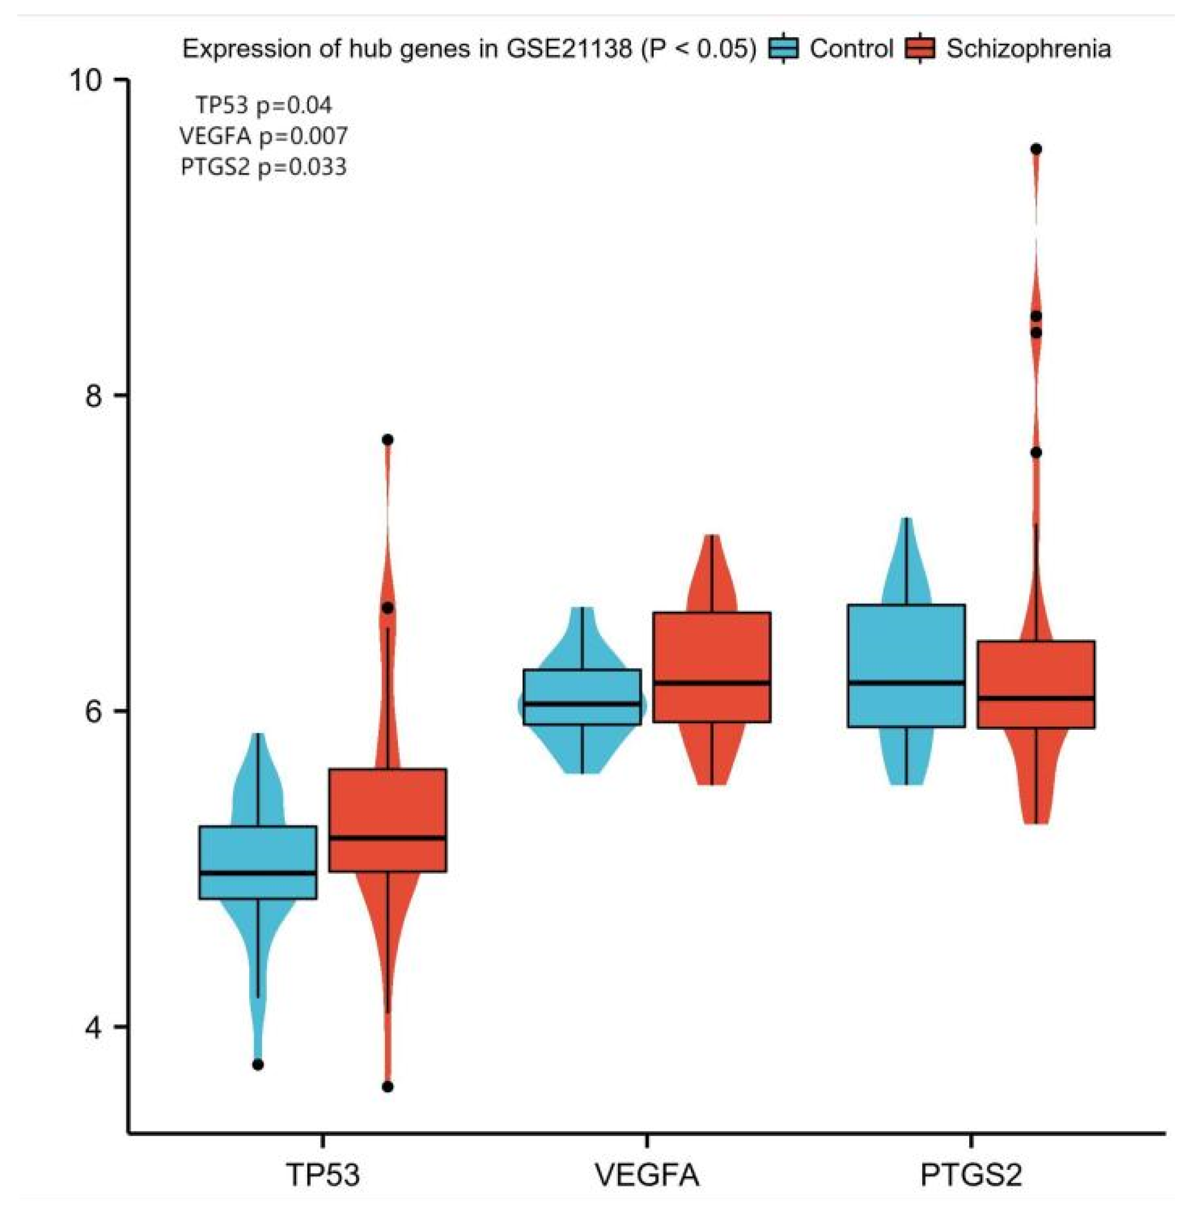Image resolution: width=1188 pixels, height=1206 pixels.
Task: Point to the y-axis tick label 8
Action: tap(94, 395)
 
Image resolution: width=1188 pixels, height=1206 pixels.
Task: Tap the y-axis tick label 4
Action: tap(94, 1027)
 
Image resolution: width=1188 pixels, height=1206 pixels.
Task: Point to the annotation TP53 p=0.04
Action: tap(264, 105)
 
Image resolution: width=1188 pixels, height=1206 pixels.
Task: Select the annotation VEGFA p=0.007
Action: tap(264, 135)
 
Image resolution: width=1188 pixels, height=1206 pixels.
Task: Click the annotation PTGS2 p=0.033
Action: tap(264, 167)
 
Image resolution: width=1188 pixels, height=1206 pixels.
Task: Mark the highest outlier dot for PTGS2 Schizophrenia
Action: tap(1036, 149)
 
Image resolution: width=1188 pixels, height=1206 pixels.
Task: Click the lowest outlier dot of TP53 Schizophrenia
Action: tap(387, 1087)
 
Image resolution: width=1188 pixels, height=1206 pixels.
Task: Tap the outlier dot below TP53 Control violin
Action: tap(257, 1064)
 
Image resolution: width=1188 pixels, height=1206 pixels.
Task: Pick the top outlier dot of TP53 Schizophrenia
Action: tap(387, 440)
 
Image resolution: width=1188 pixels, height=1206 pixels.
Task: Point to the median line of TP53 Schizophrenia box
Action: tap(387, 838)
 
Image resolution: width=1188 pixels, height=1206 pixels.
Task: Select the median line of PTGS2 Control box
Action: tap(907, 682)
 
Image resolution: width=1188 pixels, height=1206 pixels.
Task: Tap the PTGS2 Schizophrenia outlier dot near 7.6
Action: tap(1036, 453)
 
